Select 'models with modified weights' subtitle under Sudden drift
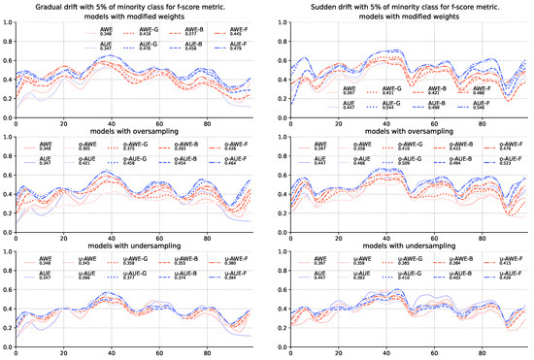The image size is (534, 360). (x=402, y=19)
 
